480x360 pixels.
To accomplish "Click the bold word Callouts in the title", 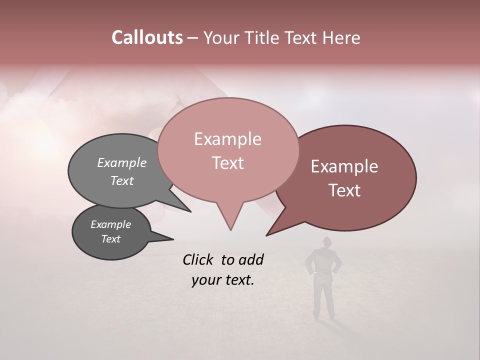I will click(147, 37).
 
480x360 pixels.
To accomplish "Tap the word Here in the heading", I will click(341, 37).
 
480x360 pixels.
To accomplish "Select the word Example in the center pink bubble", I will click(227, 139).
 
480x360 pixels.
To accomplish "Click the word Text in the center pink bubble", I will click(227, 163).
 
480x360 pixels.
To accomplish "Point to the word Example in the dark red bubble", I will click(344, 166).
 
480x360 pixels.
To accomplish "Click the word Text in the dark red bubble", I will click(344, 190).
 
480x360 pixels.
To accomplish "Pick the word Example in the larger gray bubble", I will click(122, 162).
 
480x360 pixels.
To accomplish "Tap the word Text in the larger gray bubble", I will click(122, 180).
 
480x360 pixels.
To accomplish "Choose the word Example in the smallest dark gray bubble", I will click(110, 224).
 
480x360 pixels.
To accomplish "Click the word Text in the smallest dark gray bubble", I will click(110, 239).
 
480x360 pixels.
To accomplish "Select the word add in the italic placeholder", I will click(251, 259).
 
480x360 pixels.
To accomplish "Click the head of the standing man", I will click(326, 242).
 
